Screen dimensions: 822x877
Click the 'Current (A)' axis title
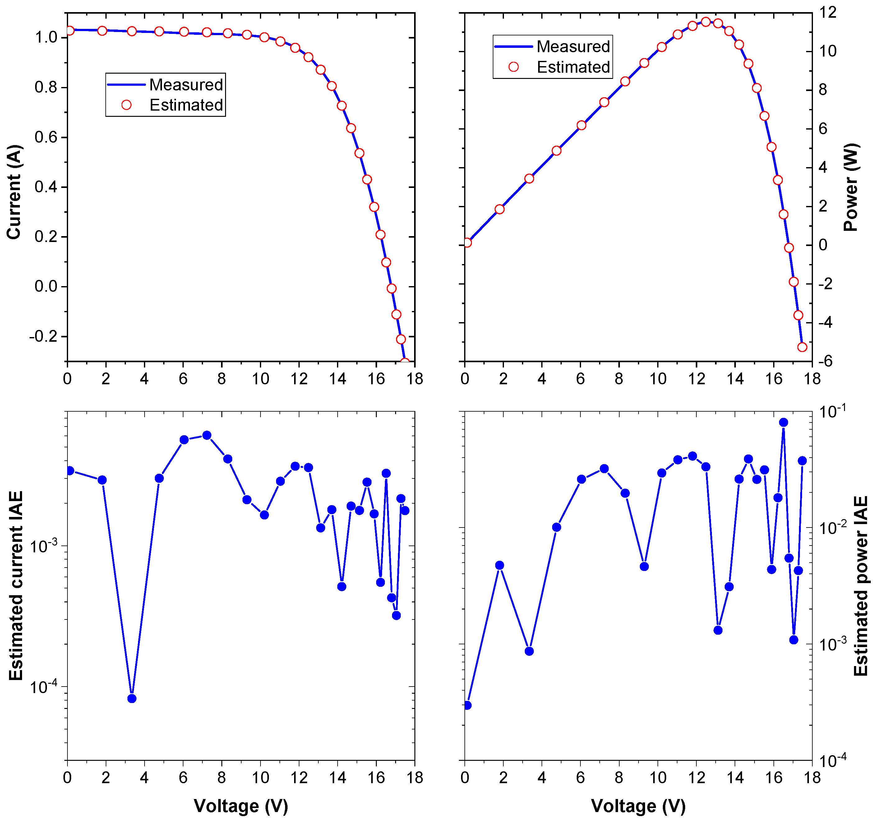coord(14,192)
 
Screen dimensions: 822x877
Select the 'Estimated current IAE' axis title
coord(16,586)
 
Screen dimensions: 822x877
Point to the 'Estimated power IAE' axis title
coord(860,586)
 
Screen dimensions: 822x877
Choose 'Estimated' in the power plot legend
coord(573,67)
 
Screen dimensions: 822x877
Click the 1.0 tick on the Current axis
coord(46,38)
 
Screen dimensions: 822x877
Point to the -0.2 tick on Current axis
coord(44,337)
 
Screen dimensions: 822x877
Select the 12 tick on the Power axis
coord(828,13)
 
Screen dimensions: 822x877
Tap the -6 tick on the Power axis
coord(825,361)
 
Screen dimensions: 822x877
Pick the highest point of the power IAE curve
coord(783,422)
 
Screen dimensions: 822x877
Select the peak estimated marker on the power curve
coord(706,22)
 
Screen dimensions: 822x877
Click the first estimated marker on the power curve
coord(468,243)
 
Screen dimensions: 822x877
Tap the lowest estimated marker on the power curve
coord(802,347)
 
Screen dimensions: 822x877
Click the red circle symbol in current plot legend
coord(127,105)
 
